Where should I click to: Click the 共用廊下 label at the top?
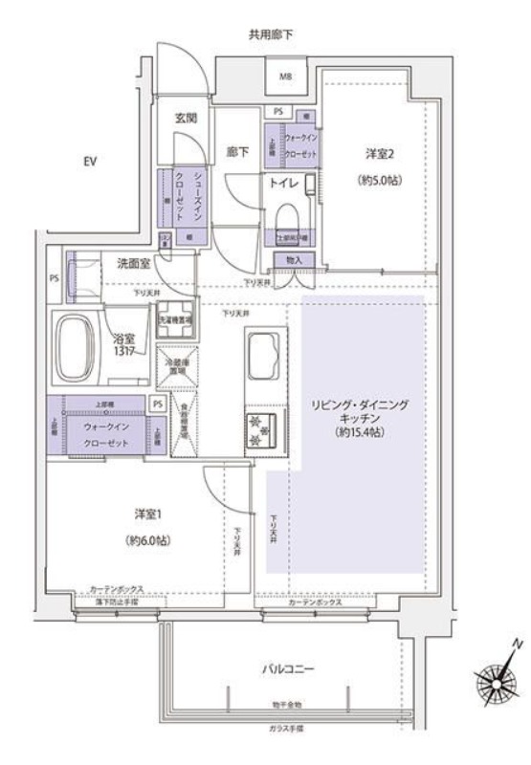[271, 35]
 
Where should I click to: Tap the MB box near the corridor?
[285, 76]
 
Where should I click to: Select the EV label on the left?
[92, 162]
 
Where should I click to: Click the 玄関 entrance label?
[185, 120]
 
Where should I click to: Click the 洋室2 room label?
[378, 153]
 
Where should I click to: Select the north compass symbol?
[497, 681]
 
